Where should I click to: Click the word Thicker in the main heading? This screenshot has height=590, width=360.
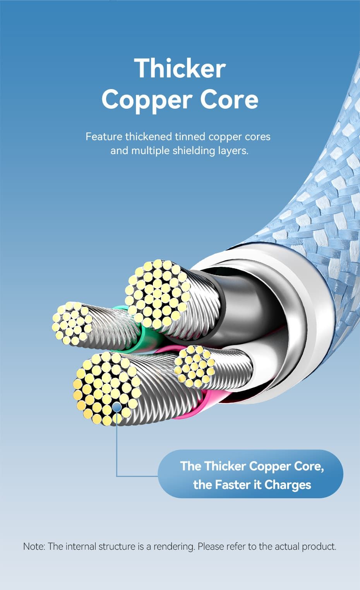pyautogui.click(x=180, y=68)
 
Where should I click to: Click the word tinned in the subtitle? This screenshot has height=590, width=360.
pyautogui.click(x=190, y=137)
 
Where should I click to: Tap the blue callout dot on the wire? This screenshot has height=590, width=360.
pyautogui.click(x=117, y=407)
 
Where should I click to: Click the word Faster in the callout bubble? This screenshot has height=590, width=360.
pyautogui.click(x=232, y=485)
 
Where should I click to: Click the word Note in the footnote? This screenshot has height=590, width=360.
pyautogui.click(x=34, y=546)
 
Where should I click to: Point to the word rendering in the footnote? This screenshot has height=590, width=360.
pyautogui.click(x=174, y=547)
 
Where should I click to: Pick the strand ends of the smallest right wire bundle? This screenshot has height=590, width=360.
pyautogui.click(x=194, y=366)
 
